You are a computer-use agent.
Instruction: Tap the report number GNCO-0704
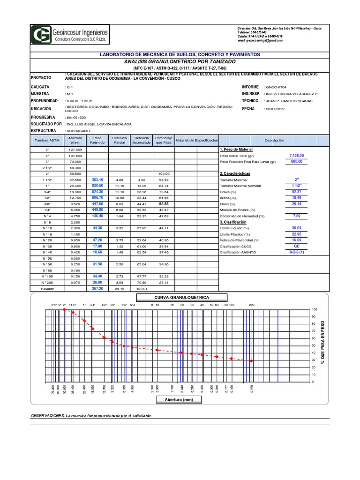[279, 87]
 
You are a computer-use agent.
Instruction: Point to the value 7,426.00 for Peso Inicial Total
[296, 155]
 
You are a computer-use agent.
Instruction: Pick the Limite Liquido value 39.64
[296, 215]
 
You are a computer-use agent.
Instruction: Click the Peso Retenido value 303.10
[97, 180]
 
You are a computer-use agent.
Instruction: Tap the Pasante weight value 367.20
[97, 289]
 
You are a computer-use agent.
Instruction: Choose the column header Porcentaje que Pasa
[164, 140]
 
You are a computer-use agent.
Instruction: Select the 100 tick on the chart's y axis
[315, 310]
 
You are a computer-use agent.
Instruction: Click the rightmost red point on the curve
[251, 361]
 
